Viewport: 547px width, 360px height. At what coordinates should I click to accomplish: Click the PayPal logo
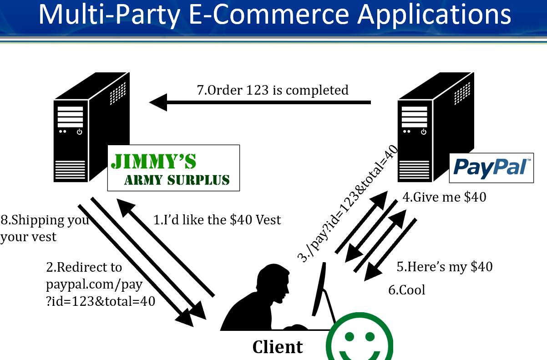[x=491, y=167]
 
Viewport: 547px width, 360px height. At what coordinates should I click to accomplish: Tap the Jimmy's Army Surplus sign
[x=173, y=168]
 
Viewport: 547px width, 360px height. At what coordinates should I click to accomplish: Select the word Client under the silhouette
[x=278, y=347]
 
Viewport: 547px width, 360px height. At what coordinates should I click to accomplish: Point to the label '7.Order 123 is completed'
[x=273, y=90]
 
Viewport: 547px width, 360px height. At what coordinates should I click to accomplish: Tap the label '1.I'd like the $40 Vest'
[x=217, y=220]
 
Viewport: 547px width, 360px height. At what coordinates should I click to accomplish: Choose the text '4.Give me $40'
[x=444, y=197]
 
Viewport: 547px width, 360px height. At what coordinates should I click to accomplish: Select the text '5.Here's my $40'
[x=444, y=267]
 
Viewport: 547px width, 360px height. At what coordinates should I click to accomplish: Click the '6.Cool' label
[x=406, y=290]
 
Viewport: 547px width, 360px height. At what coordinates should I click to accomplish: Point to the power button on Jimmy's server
[x=80, y=132]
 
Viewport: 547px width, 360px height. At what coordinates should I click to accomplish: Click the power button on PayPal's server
[x=424, y=132]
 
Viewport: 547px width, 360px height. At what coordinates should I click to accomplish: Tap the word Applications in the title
[x=434, y=15]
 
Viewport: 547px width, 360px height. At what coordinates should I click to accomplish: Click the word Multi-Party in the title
[x=108, y=15]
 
